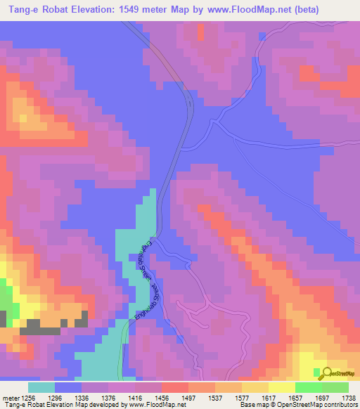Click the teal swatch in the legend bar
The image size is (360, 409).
point(41,387)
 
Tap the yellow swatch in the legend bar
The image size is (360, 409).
point(281,387)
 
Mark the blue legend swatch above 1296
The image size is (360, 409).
point(68,387)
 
